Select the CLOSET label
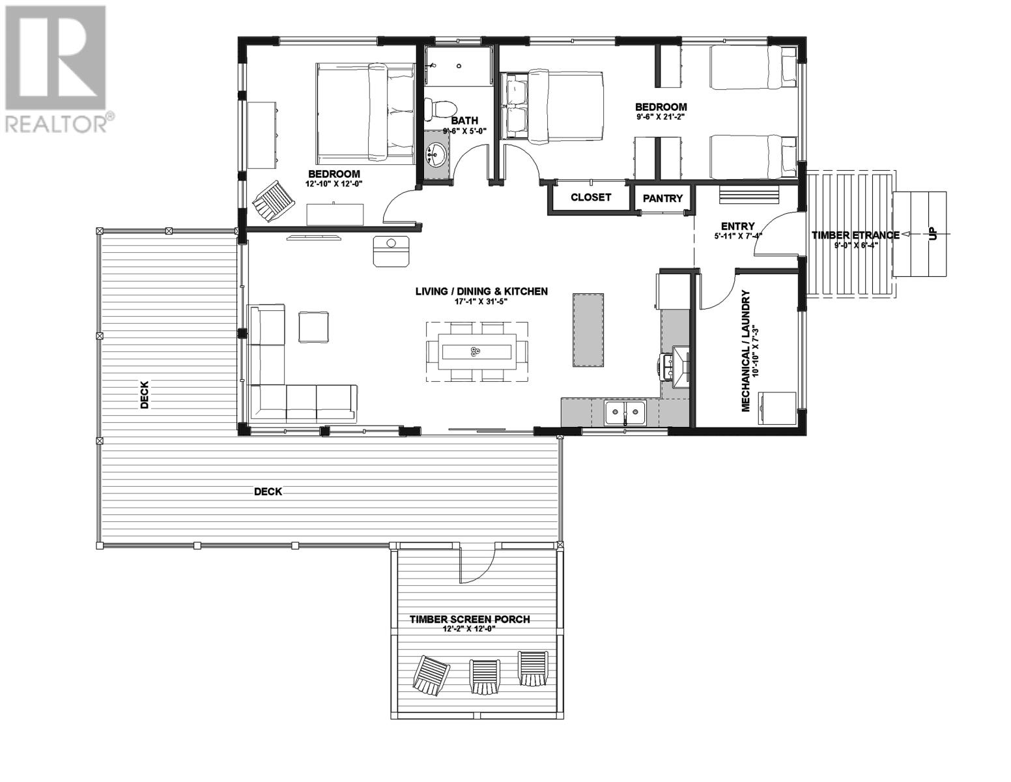click(x=591, y=197)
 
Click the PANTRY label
click(x=662, y=199)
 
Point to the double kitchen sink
click(x=625, y=413)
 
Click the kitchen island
click(x=588, y=330)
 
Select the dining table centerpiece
click(x=474, y=353)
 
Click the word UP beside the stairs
click(x=933, y=234)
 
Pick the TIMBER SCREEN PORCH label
click(x=469, y=619)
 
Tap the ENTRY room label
click(x=737, y=226)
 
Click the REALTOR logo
click(x=57, y=69)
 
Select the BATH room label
click(x=464, y=121)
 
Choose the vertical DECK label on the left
click(x=145, y=395)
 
